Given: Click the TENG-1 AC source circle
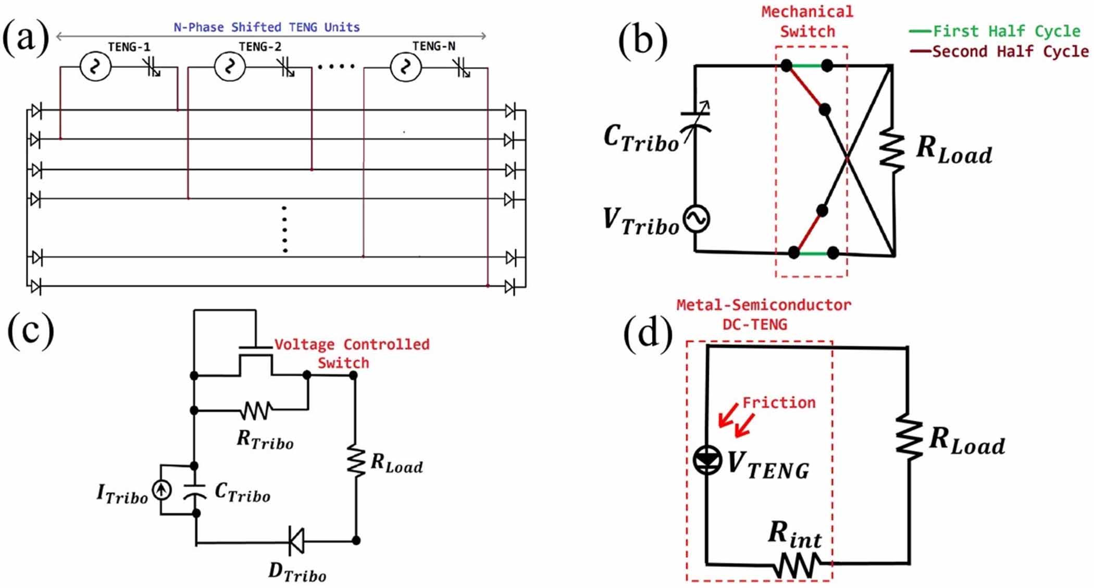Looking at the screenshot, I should (x=95, y=67).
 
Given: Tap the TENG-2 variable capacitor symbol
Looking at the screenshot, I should (x=286, y=67).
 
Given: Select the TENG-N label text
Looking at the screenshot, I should (x=433, y=46).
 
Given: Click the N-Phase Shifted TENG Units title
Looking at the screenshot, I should (x=267, y=27).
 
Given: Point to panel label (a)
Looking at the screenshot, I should (x=26, y=37).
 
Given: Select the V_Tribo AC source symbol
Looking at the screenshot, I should (x=697, y=219).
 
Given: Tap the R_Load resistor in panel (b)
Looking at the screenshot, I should (x=892, y=151).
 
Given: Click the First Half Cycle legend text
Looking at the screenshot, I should (x=1006, y=31).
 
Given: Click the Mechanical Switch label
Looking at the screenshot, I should (x=807, y=21).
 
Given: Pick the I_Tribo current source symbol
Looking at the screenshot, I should (x=161, y=490).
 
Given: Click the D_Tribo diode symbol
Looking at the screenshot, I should (x=296, y=541).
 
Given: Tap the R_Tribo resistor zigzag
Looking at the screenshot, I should (x=256, y=410).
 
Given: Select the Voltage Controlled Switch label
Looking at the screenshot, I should (x=352, y=353).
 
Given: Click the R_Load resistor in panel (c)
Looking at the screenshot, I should (x=356, y=461).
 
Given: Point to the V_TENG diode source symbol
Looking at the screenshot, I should (x=707, y=460).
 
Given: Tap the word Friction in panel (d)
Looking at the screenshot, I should (x=778, y=403).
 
